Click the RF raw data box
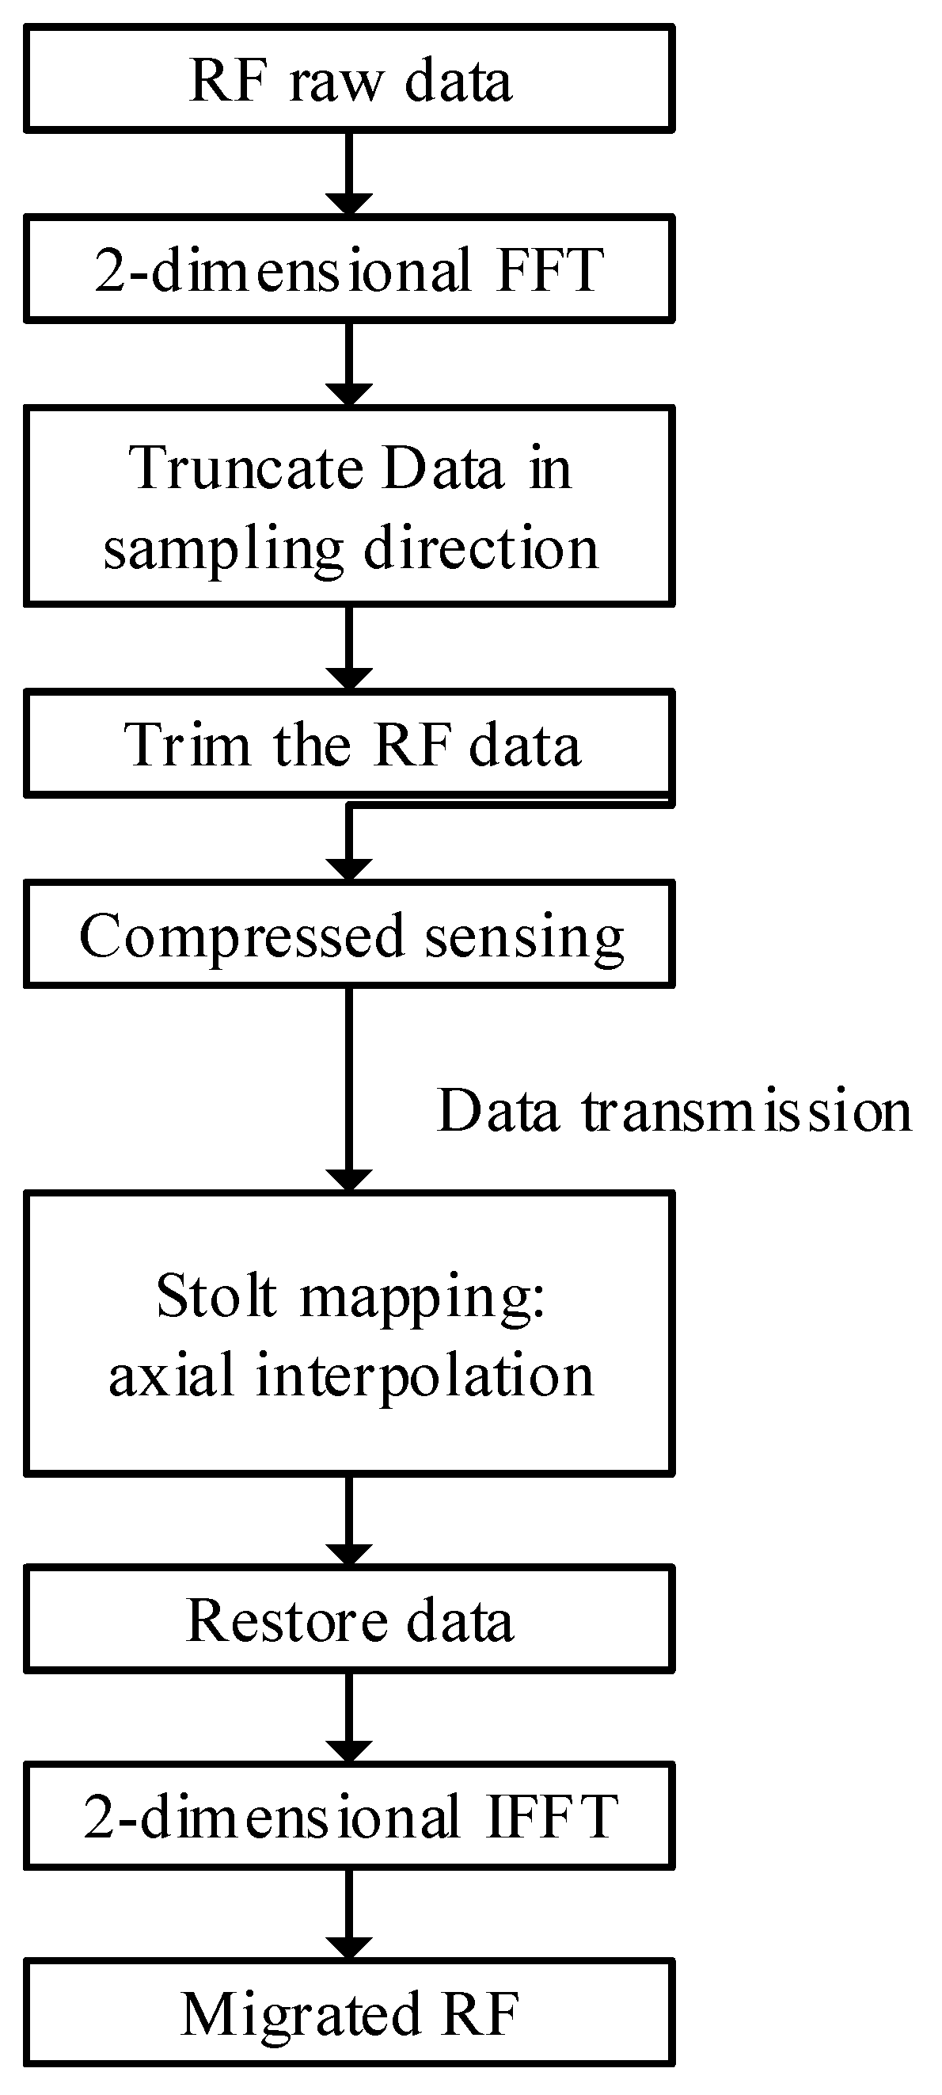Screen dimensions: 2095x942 350,79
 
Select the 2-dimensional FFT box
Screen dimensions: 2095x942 350,269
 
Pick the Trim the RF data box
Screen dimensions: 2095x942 350,744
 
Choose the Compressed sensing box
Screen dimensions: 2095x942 350,934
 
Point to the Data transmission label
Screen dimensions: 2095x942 674,1110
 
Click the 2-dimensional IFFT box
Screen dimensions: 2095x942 350,1817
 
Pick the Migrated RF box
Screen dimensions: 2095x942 350,2014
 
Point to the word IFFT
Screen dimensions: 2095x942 552,1817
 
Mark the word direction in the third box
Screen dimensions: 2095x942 481,548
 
